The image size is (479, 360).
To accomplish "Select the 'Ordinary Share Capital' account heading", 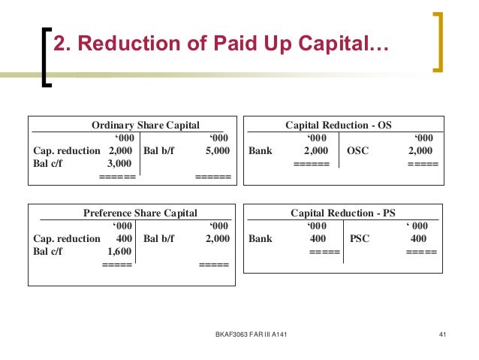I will pos(145,125).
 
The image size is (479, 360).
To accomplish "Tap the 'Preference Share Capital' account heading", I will pos(140,213).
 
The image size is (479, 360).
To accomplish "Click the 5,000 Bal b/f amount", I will pos(217,150).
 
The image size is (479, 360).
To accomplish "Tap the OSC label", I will pos(360,150).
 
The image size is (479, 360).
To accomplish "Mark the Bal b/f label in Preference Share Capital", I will pos(158,238).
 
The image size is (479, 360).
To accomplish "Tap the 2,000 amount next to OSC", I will pos(420,150).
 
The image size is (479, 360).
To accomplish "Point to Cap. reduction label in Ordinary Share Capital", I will pos(67,150).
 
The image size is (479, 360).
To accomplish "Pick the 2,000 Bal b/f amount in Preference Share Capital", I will pos(217,238).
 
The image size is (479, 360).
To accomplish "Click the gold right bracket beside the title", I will pos(439,42).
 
